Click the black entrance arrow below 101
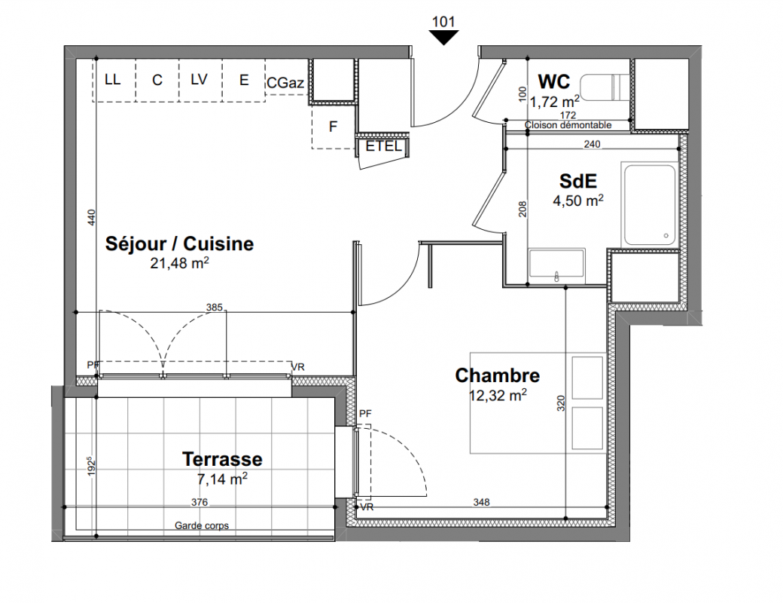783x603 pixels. coord(443,37)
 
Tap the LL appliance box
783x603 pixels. coord(114,81)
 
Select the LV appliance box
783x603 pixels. coord(200,81)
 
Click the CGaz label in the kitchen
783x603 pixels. coord(285,82)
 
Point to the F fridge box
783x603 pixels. coord(333,127)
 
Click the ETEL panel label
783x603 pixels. coord(383,146)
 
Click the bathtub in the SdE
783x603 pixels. coord(650,204)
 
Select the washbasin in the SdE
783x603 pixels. coord(557,264)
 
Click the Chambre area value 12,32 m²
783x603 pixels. coord(498,396)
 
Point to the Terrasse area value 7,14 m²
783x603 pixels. coord(222,479)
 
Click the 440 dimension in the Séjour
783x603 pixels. coord(91,218)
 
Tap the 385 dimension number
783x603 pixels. coord(215,307)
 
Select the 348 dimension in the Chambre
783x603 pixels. coord(481,502)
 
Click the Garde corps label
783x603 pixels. coord(202,525)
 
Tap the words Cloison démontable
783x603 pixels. coord(568,125)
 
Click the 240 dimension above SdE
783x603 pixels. coord(592,144)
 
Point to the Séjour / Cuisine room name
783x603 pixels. coord(179,243)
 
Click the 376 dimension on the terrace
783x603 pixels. coord(200,502)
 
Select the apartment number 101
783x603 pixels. coord(443,22)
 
